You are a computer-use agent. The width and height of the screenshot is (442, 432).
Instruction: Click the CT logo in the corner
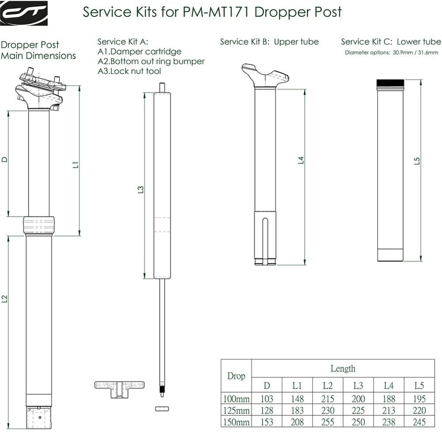click(x=23, y=12)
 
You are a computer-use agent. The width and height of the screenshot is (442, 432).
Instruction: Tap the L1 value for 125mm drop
click(x=297, y=410)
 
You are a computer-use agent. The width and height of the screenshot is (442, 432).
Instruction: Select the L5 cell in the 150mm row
click(x=419, y=422)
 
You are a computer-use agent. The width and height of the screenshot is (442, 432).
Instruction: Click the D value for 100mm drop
click(x=267, y=399)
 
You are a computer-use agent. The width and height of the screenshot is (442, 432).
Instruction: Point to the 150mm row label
click(x=236, y=422)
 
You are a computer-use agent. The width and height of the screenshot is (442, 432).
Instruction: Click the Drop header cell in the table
click(x=236, y=376)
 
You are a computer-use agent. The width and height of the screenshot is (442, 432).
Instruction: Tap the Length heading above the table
click(x=343, y=368)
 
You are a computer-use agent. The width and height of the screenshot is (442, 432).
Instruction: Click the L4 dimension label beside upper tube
click(x=301, y=160)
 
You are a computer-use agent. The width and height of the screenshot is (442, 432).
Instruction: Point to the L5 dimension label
click(x=416, y=161)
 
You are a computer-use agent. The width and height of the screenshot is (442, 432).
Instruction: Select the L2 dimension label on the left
click(x=5, y=299)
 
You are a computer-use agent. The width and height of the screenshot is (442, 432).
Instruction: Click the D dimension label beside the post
click(x=5, y=159)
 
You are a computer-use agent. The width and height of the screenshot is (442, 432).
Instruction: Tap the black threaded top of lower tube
click(x=390, y=83)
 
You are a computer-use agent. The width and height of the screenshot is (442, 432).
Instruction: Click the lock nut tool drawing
click(x=119, y=387)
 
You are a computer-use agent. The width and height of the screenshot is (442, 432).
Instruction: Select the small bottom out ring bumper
click(x=162, y=409)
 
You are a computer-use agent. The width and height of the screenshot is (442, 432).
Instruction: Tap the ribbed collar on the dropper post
click(x=39, y=225)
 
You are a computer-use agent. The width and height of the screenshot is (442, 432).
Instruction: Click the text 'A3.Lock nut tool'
click(x=129, y=71)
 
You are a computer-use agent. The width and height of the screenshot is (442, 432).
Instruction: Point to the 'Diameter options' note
click(x=391, y=53)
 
